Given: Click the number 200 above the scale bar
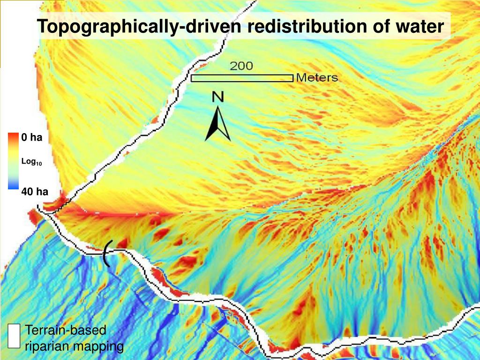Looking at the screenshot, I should click(241, 66).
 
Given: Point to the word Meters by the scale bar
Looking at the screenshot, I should click(317, 78).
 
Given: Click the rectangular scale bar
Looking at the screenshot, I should click(242, 78).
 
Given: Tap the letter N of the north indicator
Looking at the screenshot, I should click(218, 97).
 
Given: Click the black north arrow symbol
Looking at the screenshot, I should click(217, 124).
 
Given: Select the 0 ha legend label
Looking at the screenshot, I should click(32, 137).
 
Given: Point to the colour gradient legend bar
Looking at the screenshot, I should click(13, 161).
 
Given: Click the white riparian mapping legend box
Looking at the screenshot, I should click(15, 336).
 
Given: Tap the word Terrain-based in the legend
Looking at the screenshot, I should click(66, 330).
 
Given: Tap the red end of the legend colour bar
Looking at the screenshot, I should click(13, 137).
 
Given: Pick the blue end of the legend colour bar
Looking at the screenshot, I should click(13, 186).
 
